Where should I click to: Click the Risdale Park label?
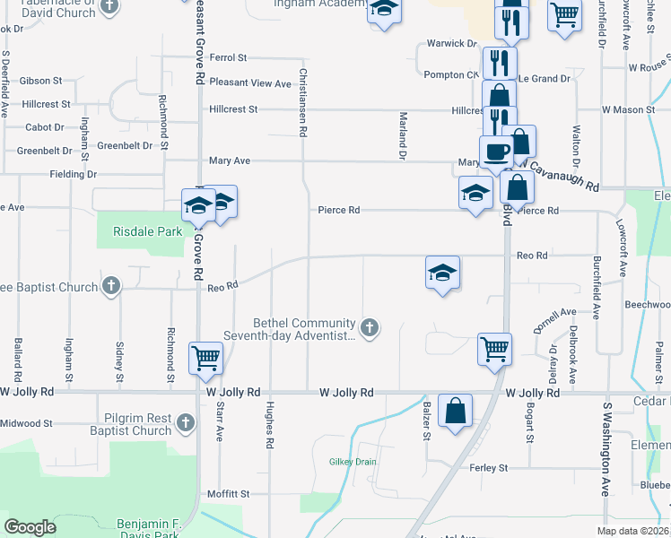coord(148,231)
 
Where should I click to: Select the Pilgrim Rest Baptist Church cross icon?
coord(186,421)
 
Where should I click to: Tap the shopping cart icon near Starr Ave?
coord(205,357)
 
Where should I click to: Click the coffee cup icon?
coord(495,151)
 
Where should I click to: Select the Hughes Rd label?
coord(269,425)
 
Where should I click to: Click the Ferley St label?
coord(489,468)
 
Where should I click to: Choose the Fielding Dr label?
coord(74,174)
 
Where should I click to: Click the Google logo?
coord(30,527)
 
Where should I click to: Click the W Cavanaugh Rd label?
coord(562,173)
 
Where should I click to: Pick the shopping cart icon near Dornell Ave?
coord(494,349)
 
